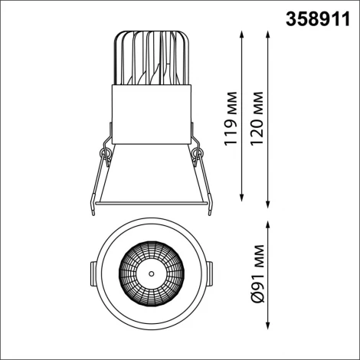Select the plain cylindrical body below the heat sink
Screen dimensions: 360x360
152,113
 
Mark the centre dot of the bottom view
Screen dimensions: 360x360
152,273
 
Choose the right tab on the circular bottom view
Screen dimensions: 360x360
211,273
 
